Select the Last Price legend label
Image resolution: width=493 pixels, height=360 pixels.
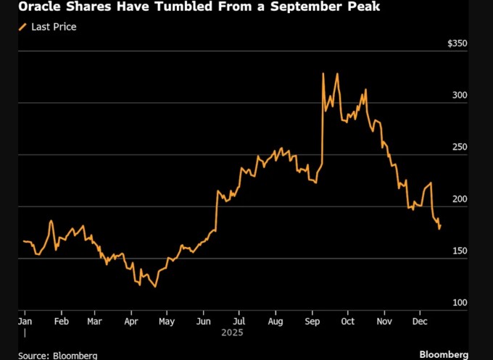tap(54, 27)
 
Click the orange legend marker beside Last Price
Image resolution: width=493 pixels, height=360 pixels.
tap(23, 27)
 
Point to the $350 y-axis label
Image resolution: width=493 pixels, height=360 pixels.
tap(457, 43)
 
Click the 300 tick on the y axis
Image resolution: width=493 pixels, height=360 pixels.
tap(460, 96)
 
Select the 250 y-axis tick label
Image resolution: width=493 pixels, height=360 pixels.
tap(460, 148)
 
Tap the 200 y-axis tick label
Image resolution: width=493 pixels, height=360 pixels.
tap(460, 199)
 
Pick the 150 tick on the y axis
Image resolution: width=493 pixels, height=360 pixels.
tap(460, 251)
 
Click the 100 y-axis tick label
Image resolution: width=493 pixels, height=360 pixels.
tap(460, 303)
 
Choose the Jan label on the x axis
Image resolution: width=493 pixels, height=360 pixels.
tap(24, 320)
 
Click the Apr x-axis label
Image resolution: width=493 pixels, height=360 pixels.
tap(131, 320)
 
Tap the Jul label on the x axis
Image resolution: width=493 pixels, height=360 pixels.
tap(239, 320)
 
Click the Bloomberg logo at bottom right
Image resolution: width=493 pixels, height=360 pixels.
tap(444, 353)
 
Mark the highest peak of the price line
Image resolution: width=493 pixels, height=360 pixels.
tap(336, 73)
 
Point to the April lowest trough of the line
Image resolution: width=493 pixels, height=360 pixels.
tap(155, 287)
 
